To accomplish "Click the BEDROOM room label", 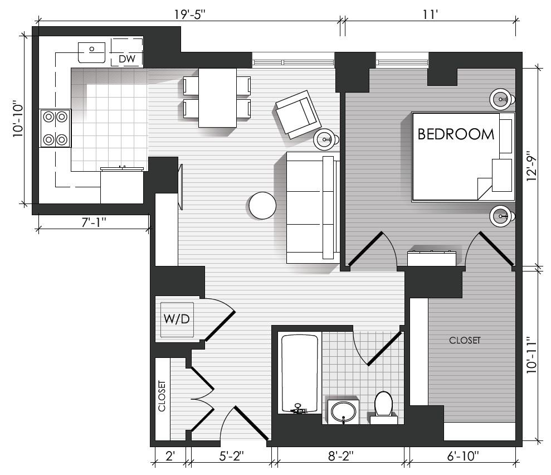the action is [x=456, y=134].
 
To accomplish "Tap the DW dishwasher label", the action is [x=127, y=59].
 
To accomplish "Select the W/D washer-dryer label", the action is [x=177, y=319].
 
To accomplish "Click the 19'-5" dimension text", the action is [x=190, y=14].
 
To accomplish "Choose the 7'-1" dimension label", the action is [x=94, y=222].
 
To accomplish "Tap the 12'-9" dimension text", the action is [x=532, y=166].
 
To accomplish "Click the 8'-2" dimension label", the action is [x=340, y=456].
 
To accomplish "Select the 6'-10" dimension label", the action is [x=463, y=456].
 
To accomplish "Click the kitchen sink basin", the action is [x=91, y=52].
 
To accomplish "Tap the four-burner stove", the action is [x=55, y=128].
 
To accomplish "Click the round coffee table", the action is [x=262, y=206].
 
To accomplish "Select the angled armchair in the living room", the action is [x=298, y=114].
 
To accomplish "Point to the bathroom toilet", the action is [x=383, y=408].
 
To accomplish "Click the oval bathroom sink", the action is [x=343, y=411].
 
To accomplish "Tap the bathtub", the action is [x=299, y=374].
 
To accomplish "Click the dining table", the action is [x=217, y=98].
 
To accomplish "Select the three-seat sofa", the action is [x=313, y=207].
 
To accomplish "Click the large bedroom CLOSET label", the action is [x=465, y=340].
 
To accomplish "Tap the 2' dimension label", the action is [x=170, y=456].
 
